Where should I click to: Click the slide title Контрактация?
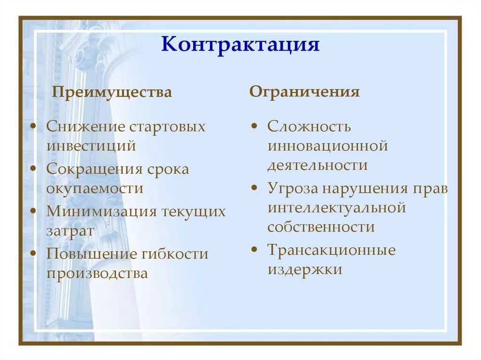240,45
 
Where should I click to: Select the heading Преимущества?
112,92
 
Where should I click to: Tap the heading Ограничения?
304,92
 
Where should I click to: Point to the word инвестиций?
91,146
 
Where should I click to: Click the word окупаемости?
94,188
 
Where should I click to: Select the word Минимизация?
101,211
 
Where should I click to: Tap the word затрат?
70,230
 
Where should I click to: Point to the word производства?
97,273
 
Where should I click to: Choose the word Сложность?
309,127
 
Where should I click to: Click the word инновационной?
327,146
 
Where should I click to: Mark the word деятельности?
318,165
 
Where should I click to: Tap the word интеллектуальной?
336,207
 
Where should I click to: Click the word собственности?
321,227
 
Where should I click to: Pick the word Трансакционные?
332,250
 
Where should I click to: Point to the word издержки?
304,269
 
